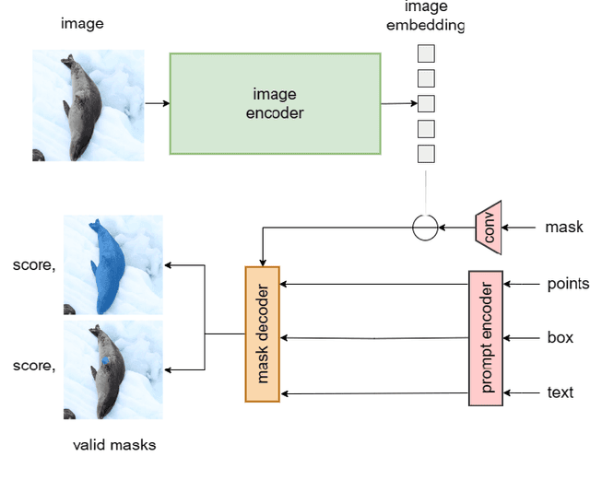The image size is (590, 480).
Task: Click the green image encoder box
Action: [x=274, y=103]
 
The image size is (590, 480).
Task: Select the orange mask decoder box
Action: [x=262, y=334]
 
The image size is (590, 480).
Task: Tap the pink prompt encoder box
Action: [x=485, y=338]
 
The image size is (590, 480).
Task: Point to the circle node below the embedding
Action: [x=424, y=227]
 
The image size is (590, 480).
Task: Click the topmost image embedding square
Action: [x=426, y=53]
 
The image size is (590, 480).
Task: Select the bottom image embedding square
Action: [x=426, y=154]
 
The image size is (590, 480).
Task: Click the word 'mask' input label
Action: [x=563, y=227]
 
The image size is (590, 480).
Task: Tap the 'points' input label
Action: [x=567, y=284]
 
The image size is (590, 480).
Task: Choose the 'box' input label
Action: [x=560, y=338]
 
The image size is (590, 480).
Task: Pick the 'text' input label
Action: [x=560, y=392]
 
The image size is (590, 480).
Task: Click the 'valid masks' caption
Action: [x=114, y=445]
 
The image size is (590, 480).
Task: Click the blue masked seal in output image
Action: [x=108, y=267]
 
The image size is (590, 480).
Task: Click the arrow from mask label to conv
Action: [x=521, y=227]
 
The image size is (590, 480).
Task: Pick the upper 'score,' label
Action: [x=34, y=266]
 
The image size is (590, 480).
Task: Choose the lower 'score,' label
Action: [x=34, y=366]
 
